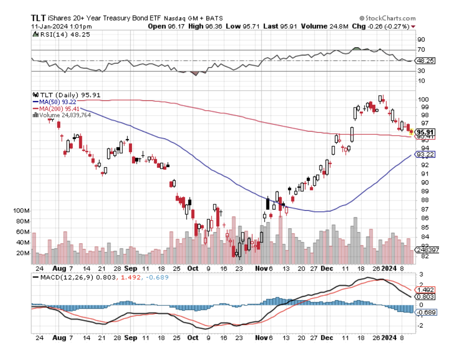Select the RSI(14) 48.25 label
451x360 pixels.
[62, 34]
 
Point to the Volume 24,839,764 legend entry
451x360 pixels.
[62, 115]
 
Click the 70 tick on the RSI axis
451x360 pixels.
[421, 50]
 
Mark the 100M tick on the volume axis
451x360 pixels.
[22, 211]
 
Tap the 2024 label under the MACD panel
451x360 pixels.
[391, 338]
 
